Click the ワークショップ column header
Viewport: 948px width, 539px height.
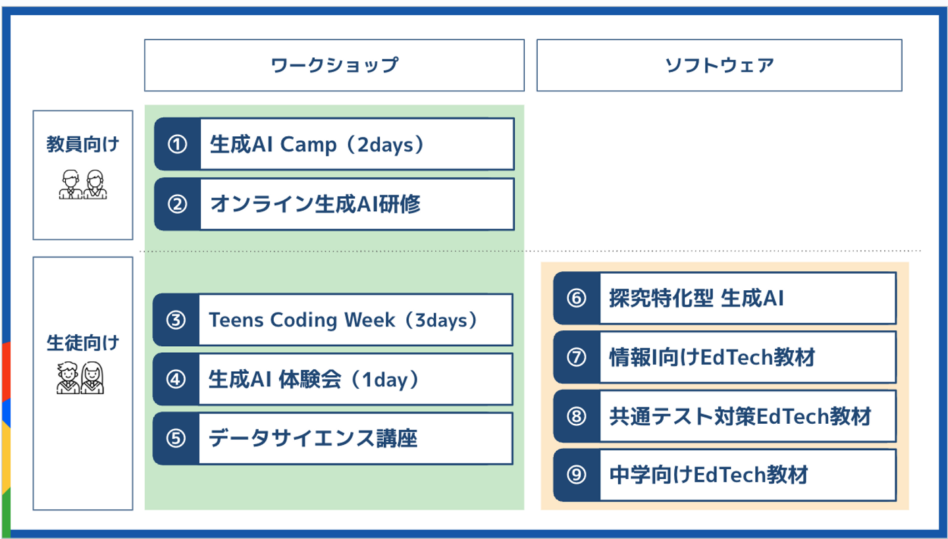point(334,65)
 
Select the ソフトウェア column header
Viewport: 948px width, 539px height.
point(720,65)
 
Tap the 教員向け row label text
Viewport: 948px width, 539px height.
point(83,144)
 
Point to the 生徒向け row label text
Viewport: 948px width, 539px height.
point(83,343)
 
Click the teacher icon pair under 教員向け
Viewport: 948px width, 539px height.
point(83,184)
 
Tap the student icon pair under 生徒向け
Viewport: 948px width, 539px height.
point(80,378)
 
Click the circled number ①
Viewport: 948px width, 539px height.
point(177,144)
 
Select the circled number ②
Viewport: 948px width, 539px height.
point(177,204)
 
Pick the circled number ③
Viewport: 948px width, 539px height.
point(176,321)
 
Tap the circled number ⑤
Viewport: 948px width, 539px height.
point(176,439)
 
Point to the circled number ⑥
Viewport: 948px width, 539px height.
point(577,298)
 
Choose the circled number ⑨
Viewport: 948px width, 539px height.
point(577,475)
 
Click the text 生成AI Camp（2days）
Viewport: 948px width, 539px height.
point(317,145)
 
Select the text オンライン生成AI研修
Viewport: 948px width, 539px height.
point(315,204)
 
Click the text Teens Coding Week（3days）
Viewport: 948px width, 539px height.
point(344,321)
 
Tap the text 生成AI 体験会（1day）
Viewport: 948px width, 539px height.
point(314,380)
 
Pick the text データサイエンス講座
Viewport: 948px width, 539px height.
point(313,438)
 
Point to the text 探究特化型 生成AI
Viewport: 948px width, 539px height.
point(697,298)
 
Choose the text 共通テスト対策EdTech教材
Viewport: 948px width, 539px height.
point(740,417)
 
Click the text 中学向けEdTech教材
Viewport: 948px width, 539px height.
point(709,475)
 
